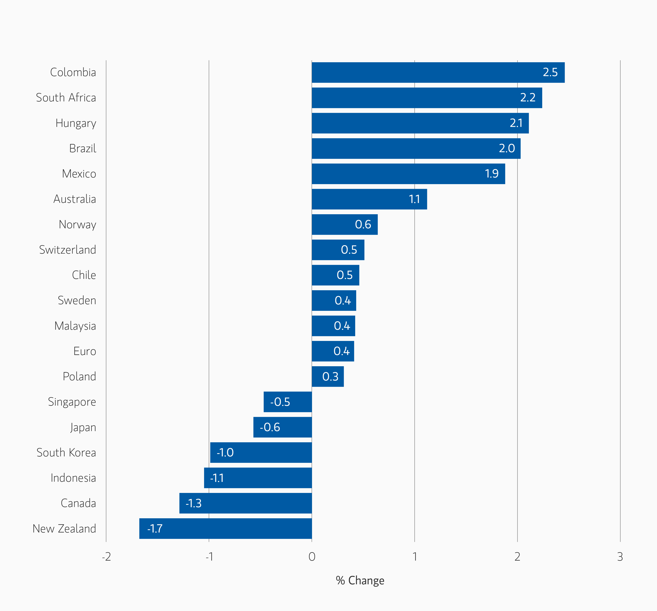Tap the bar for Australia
(x=369, y=199)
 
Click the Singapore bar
(x=288, y=402)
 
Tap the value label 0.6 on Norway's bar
(x=363, y=224)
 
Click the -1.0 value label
(x=225, y=452)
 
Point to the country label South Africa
(x=66, y=98)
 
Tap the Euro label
(x=85, y=351)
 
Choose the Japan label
(x=83, y=427)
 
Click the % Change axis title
(x=360, y=580)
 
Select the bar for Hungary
(x=420, y=123)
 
